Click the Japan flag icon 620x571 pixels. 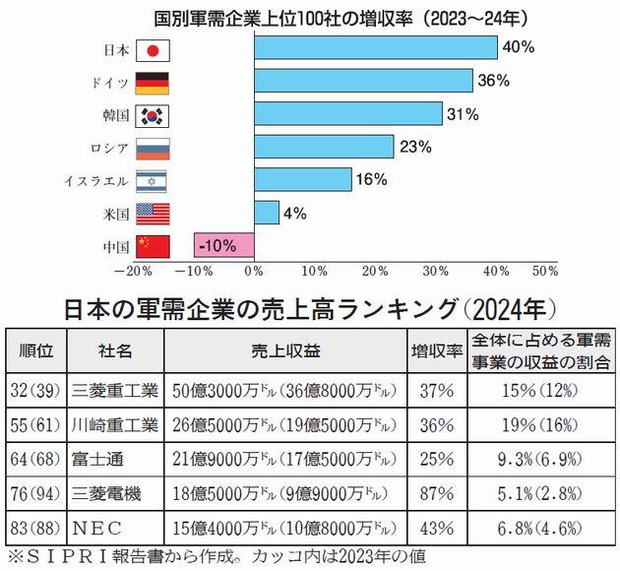point(152,50)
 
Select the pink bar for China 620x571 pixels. point(223,244)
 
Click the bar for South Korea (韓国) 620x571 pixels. point(347,114)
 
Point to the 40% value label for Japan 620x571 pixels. point(518,47)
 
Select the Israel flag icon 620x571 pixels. point(152,180)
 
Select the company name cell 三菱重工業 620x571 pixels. point(115,392)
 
